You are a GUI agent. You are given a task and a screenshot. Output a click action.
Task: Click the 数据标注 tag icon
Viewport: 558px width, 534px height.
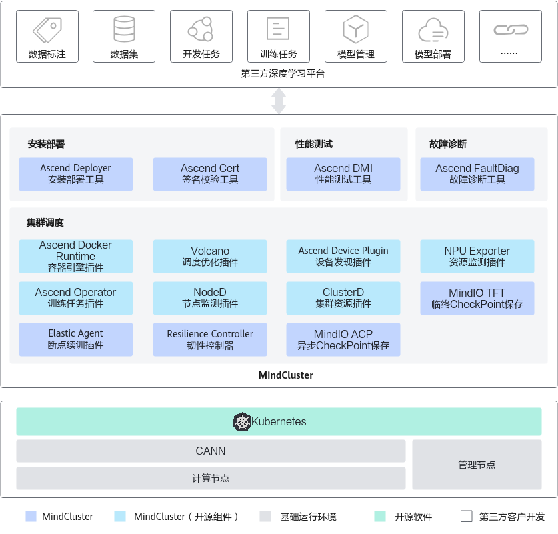[47, 29]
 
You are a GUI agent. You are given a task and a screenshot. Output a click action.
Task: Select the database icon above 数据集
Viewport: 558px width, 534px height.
[124, 29]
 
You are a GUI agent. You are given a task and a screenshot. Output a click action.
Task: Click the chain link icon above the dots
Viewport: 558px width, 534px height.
[510, 30]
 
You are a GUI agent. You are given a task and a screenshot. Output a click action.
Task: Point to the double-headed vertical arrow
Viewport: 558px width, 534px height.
[279, 101]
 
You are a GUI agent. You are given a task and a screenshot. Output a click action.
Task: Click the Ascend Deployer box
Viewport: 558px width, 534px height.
[76, 174]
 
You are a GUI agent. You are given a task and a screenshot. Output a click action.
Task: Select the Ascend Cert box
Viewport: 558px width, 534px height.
[210, 174]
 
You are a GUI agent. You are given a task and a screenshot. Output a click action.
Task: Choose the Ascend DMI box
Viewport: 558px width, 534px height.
[343, 174]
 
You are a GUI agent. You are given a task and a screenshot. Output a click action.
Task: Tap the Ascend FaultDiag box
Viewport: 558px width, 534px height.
[477, 174]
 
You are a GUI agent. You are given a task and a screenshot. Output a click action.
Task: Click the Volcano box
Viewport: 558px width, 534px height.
[210, 257]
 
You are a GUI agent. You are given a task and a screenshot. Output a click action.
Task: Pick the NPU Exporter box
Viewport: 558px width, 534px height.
[477, 257]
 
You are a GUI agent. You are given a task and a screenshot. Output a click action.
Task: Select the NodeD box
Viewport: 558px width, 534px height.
[210, 298]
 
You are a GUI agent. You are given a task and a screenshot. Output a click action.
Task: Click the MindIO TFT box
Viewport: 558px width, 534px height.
[477, 298]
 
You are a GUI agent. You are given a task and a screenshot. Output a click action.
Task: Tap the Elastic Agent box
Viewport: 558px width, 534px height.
[76, 339]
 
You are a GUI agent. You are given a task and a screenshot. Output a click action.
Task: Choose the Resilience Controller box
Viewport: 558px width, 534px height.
[210, 339]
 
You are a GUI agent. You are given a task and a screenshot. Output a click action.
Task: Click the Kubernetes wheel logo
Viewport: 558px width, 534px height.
[241, 422]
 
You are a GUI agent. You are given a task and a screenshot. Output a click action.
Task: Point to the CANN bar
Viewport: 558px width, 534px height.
[211, 451]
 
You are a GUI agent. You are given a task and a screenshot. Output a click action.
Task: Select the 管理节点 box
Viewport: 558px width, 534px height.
[477, 465]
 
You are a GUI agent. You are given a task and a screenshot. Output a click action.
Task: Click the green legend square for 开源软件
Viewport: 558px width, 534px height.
[380, 517]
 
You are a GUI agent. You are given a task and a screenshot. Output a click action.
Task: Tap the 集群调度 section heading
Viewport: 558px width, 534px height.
[45, 223]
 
